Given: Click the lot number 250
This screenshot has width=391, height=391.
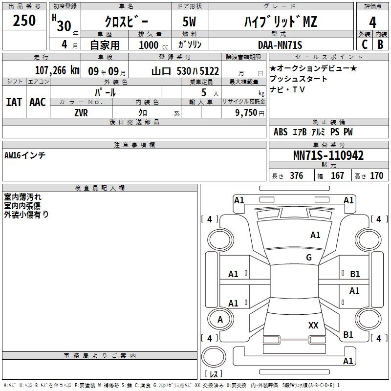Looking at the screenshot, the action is pyautogui.click(x=24, y=21).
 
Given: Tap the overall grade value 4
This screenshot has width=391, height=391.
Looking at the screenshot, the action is pyautogui.click(x=372, y=22).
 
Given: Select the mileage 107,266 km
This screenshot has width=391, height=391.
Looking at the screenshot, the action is pyautogui.click(x=57, y=70).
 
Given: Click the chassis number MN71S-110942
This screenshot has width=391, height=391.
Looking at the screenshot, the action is pyautogui.click(x=328, y=155).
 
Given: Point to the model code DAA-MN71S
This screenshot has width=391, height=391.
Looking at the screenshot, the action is pyautogui.click(x=280, y=45).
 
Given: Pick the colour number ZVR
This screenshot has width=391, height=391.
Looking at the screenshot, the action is pyautogui.click(x=81, y=113).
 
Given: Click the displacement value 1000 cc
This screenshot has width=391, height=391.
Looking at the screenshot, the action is pyautogui.click(x=153, y=45).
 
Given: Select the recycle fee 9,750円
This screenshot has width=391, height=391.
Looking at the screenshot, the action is pyautogui.click(x=250, y=113).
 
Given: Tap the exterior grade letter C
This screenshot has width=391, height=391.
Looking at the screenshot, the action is pyautogui.click(x=365, y=44).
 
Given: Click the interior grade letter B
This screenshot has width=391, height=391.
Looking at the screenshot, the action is pyautogui.click(x=380, y=44).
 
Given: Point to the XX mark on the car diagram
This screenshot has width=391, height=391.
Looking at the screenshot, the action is pyautogui.click(x=313, y=325).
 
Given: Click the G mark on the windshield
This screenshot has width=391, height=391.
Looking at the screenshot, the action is pyautogui.click(x=309, y=258).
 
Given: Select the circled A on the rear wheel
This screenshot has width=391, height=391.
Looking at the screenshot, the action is pyautogui.click(x=220, y=320).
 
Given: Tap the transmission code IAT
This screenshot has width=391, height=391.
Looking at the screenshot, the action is pyautogui.click(x=14, y=102).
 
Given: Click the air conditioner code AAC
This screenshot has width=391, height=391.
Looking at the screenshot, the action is pyautogui.click(x=38, y=102).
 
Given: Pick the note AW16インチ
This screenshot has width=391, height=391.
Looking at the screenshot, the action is pyautogui.click(x=25, y=155).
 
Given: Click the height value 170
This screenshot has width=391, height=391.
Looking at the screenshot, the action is pyautogui.click(x=376, y=175).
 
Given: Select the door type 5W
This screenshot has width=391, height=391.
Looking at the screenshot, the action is pyautogui.click(x=189, y=22).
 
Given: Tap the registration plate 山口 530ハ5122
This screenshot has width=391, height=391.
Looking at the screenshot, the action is pyautogui.click(x=185, y=71).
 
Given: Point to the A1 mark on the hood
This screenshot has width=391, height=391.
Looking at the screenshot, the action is pyautogui.click(x=315, y=235).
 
